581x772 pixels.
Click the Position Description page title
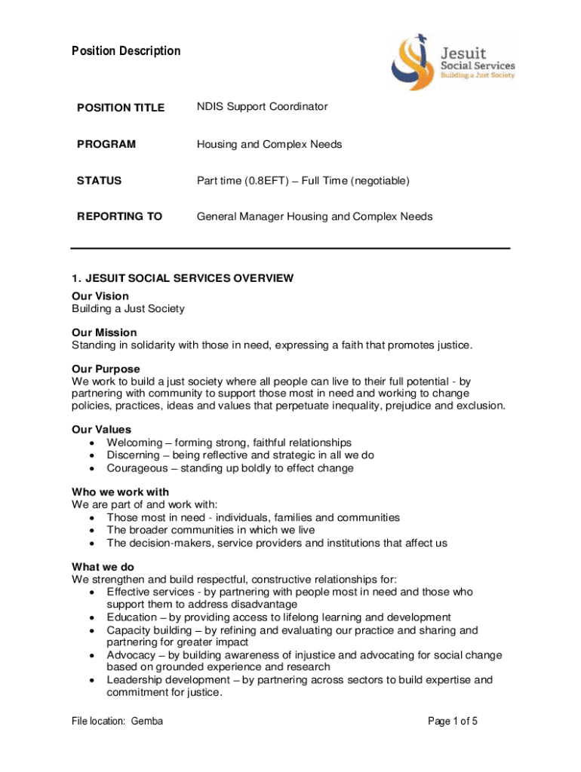point(126,51)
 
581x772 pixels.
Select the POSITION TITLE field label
point(121,108)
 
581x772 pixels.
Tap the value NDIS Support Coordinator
point(262,107)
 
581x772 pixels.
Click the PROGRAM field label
point(106,144)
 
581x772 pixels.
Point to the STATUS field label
point(99,181)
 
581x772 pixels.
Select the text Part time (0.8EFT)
point(242,181)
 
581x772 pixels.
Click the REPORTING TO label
point(119,217)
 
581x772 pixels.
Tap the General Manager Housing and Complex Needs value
point(315,217)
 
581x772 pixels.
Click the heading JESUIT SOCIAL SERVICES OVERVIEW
point(182,278)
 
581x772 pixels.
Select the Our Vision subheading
point(100,296)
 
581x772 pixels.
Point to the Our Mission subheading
point(104,332)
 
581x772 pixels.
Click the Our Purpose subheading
point(106,369)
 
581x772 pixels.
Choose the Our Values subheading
point(101,430)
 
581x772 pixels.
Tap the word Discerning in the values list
point(133,455)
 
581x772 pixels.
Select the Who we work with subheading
point(120,492)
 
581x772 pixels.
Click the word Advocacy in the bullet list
point(131,655)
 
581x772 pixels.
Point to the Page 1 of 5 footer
point(453,721)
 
